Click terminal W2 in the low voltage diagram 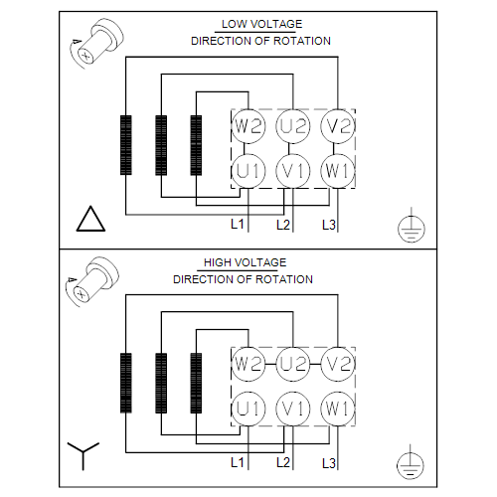[248, 126]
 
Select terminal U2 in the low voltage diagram [293, 126]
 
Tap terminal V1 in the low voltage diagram [293, 171]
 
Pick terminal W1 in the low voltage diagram [338, 171]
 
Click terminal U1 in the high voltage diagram [248, 409]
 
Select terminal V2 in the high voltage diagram [338, 364]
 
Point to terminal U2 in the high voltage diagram [293, 364]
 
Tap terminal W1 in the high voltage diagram [338, 409]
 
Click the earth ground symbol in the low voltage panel [412, 228]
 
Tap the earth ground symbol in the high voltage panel [411, 464]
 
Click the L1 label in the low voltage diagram [238, 225]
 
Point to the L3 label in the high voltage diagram [329, 463]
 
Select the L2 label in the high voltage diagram [283, 462]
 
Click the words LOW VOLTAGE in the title [261, 24]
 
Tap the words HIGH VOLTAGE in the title [245, 262]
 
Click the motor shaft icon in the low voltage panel [97, 43]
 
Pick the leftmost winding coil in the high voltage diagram [126, 383]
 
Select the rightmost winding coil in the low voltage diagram [196, 145]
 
